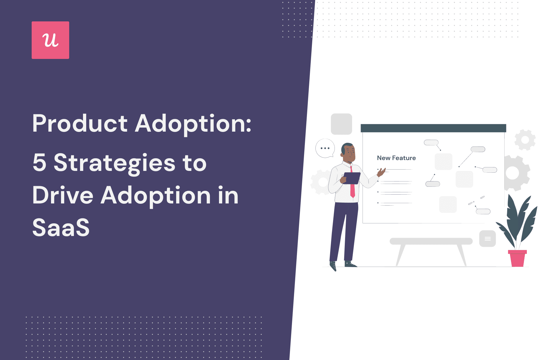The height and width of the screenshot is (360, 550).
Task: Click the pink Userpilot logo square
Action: pos(50,40)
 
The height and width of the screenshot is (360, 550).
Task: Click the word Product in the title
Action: pos(80,124)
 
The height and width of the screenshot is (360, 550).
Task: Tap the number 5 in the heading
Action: pos(40,163)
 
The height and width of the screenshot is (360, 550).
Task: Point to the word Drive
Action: pos(63,195)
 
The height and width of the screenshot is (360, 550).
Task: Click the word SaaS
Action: pos(61,227)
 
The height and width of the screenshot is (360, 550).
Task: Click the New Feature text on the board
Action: pos(396,158)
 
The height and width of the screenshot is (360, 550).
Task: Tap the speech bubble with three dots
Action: pos(325,148)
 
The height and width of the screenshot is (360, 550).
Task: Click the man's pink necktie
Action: pos(352,183)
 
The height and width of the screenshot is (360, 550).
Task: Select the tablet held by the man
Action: pos(351,178)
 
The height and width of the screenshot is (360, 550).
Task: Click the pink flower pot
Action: pos(517,258)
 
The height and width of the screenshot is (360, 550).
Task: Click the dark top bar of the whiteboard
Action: pos(433,128)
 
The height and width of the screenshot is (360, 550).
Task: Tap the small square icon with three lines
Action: pos(488,239)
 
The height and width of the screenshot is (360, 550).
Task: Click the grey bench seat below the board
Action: pos(431,241)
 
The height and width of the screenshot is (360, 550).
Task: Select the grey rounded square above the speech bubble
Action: pos(342,124)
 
